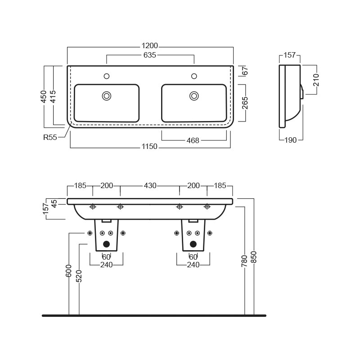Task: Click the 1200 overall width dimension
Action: [150, 46]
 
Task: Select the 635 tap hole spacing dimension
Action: [150, 55]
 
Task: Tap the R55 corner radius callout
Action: [50, 137]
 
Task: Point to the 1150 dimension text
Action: [149, 146]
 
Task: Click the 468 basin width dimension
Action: [193, 140]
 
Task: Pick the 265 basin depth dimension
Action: [245, 103]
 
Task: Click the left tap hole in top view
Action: [107, 76]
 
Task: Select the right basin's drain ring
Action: [194, 96]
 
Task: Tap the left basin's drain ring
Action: [107, 96]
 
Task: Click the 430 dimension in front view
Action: [150, 185]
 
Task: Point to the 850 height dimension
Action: [253, 257]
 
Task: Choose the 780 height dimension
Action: [244, 261]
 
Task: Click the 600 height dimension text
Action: [69, 271]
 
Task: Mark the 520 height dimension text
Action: [79, 276]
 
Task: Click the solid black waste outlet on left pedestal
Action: [106, 244]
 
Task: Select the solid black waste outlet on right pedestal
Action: [193, 244]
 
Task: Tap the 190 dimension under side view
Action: [290, 140]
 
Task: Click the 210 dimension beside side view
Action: [316, 80]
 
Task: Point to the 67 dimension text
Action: [245, 71]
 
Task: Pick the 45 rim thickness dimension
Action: [54, 203]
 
